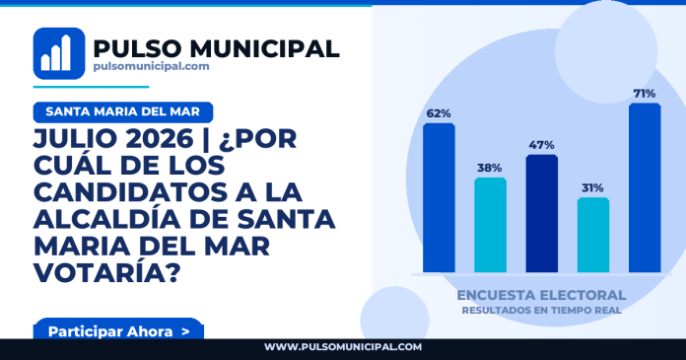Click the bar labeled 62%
click(439, 198)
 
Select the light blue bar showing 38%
click(491, 225)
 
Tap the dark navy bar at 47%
click(542, 214)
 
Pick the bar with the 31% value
click(593, 235)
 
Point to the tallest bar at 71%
click(645, 187)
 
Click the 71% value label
click(645, 94)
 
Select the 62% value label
click(439, 113)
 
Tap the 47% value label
click(542, 145)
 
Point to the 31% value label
click(592, 187)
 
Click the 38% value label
click(490, 168)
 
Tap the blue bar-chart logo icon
click(59, 53)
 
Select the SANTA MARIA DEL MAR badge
click(123, 112)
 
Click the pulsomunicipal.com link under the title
click(151, 66)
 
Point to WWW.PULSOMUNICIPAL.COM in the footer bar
click(343, 347)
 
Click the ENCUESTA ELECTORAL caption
click(541, 295)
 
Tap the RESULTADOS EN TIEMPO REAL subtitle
click(542, 310)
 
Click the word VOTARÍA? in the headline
click(106, 272)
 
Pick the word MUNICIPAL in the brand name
click(264, 47)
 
